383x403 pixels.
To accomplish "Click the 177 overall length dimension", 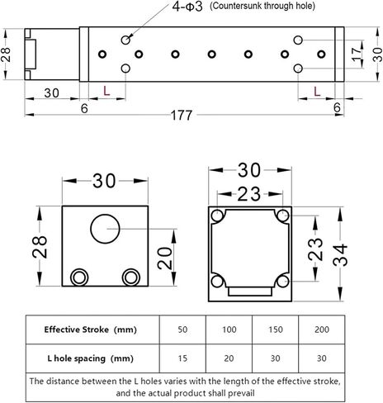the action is (182, 115).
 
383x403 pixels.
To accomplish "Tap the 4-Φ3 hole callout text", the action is (187, 7).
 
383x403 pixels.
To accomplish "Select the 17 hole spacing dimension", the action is (357, 55).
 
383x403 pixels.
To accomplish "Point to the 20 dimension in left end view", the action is (164, 258).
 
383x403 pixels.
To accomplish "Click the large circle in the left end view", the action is (105, 229).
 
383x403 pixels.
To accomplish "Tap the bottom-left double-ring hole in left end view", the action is (79, 277).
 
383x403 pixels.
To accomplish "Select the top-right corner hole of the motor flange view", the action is (282, 215).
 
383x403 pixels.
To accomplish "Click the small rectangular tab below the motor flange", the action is (250, 292).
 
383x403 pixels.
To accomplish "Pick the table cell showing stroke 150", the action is (275, 330).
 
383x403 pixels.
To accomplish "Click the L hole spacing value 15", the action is (182, 358).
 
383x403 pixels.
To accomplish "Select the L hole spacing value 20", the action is (229, 358).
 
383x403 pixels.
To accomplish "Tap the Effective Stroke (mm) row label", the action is (91, 330).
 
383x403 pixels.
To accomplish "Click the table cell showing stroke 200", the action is (322, 330).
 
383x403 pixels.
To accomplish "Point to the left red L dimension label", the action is (106, 91).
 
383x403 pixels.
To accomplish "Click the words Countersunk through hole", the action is (262, 6).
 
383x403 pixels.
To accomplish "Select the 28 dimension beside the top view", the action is (6, 55).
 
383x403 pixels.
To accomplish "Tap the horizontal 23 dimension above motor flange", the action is (248, 194).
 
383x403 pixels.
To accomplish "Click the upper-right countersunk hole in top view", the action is (298, 40).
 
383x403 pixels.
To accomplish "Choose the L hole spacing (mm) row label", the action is (90, 358).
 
